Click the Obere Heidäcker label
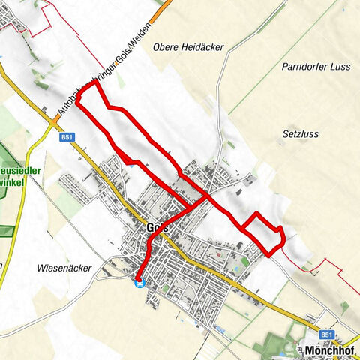click(x=188, y=47)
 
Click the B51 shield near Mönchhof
click(x=324, y=334)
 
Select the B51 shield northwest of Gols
click(x=67, y=137)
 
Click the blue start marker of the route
click(x=139, y=283)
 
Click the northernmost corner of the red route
click(x=96, y=82)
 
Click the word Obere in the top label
click(x=166, y=47)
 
